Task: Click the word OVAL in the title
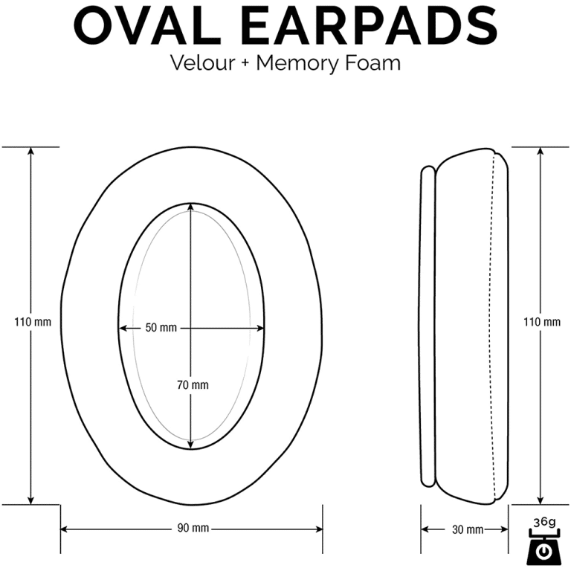point(148,25)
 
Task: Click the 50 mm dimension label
point(161,328)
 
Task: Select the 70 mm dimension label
point(193,385)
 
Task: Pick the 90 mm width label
point(193,528)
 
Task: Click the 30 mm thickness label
point(468,529)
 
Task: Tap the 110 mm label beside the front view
point(33,322)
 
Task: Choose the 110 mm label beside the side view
point(542,322)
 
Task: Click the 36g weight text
point(544,522)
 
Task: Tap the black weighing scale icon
point(543,546)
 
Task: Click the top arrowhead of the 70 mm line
point(190,207)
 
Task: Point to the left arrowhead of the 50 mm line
point(123,328)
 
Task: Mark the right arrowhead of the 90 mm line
point(318,529)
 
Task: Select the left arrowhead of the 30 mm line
point(425,529)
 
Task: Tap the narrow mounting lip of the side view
point(428,326)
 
